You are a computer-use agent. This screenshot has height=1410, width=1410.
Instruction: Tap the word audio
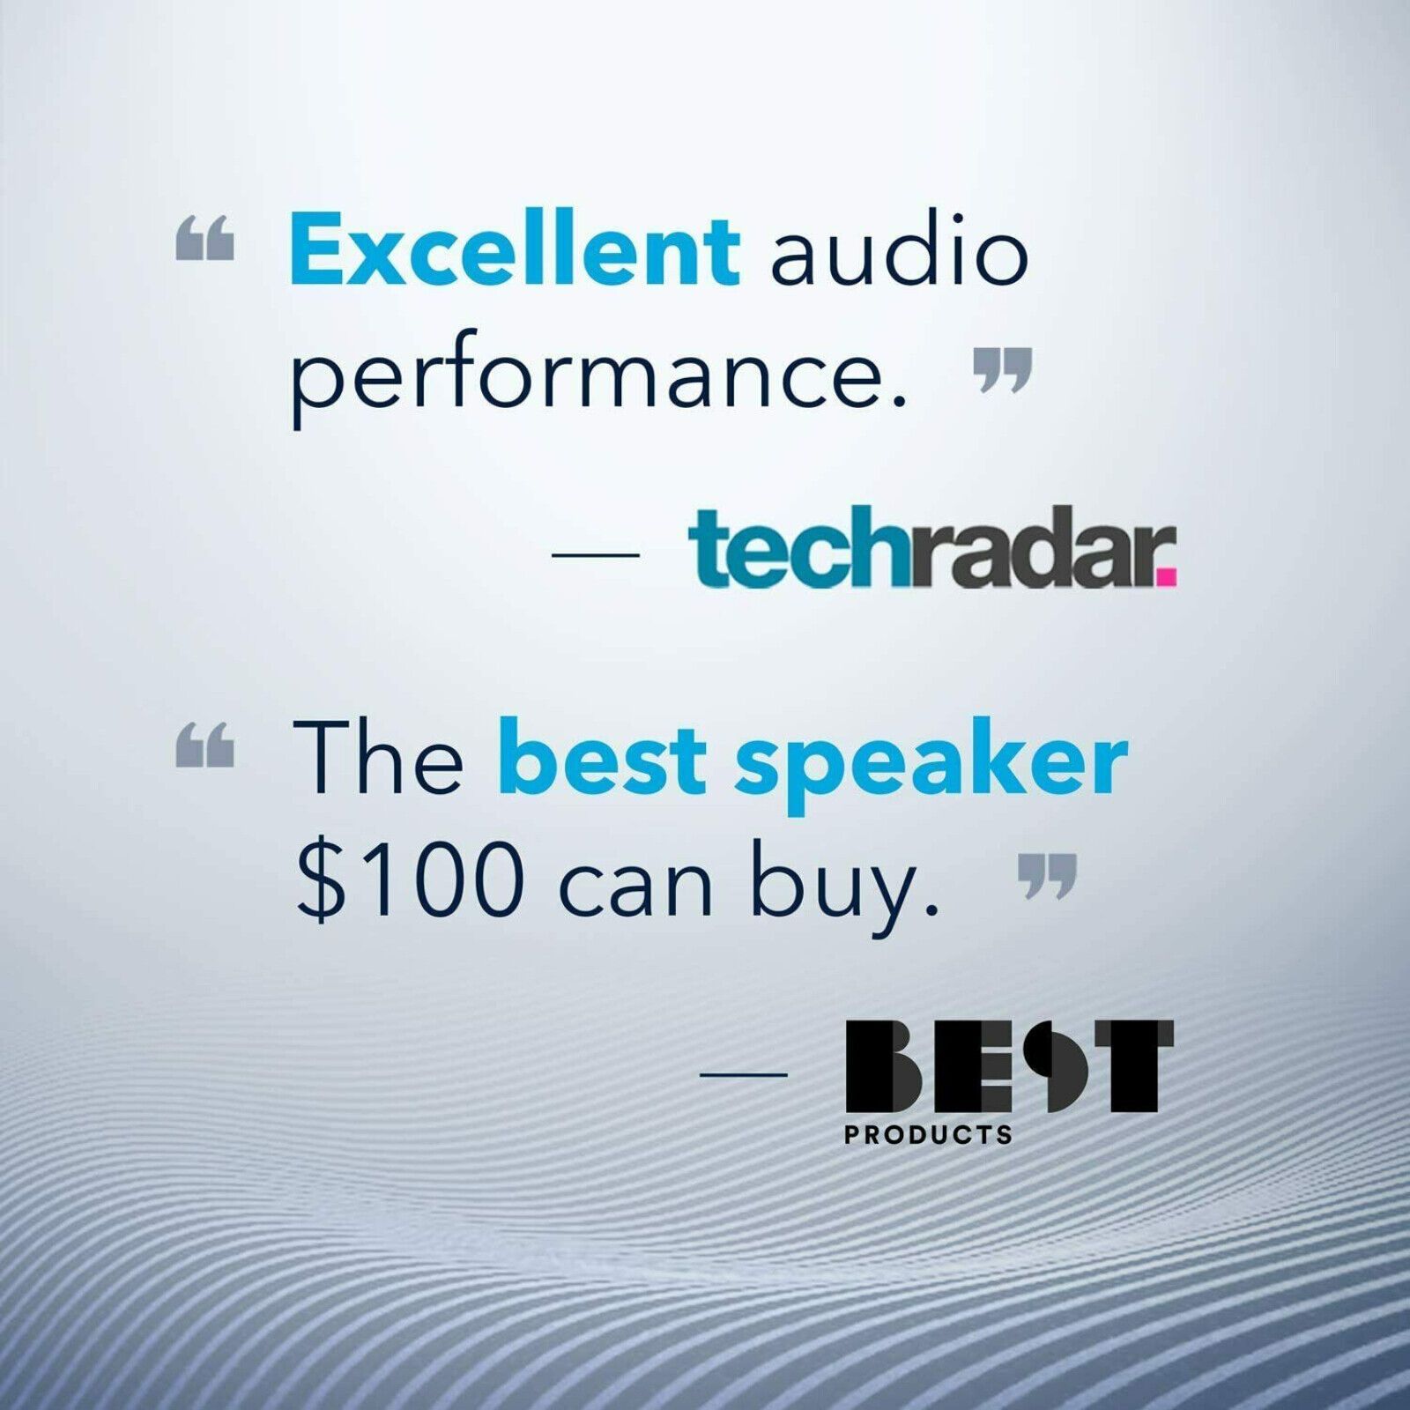(x=900, y=251)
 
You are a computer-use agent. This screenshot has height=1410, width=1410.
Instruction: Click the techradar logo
(x=931, y=547)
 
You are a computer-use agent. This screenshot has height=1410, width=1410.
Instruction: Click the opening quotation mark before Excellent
(x=205, y=239)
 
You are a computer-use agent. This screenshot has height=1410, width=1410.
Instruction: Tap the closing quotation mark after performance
(x=1003, y=370)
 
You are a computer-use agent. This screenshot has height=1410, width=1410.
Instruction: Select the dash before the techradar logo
(x=595, y=555)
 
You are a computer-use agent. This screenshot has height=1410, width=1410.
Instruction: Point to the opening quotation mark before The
(x=205, y=746)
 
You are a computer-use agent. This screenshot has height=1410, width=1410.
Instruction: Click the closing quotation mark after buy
(x=1048, y=876)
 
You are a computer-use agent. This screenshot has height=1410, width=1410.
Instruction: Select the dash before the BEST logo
(x=743, y=1074)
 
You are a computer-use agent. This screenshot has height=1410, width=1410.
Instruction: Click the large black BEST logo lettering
(x=1010, y=1066)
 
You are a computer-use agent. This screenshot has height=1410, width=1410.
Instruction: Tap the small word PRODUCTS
(x=928, y=1134)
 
